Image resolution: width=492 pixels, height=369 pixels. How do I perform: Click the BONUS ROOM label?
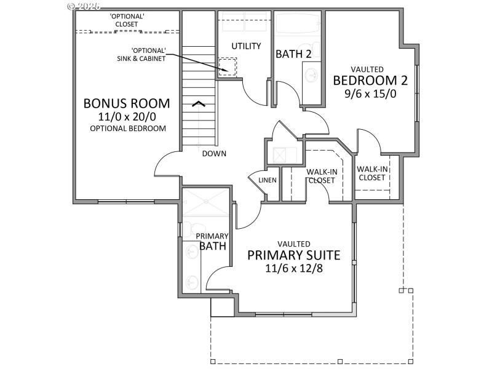(x=127, y=103)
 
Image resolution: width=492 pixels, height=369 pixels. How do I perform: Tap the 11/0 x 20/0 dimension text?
(x=127, y=117)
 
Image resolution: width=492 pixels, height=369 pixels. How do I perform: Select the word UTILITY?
(x=246, y=46)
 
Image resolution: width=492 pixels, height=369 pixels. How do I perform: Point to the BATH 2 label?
(x=293, y=54)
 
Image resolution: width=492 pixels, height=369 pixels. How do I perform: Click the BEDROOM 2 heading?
(x=367, y=81)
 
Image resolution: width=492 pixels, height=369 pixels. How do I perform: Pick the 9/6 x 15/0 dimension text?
(x=367, y=95)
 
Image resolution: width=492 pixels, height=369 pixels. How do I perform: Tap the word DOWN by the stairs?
(x=215, y=154)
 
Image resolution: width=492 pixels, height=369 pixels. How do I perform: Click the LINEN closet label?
(x=268, y=180)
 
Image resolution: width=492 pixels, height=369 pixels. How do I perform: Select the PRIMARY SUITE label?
(x=293, y=255)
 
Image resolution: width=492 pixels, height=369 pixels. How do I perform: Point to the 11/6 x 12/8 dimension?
(x=293, y=269)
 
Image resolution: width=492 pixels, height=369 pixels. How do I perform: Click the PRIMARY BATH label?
(x=212, y=242)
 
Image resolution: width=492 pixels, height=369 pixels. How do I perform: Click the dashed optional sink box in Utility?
(x=228, y=66)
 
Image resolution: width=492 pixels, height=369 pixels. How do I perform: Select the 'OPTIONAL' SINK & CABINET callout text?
(x=148, y=54)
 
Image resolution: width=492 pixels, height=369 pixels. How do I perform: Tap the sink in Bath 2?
(x=312, y=76)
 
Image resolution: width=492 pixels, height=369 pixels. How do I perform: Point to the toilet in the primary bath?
(x=191, y=229)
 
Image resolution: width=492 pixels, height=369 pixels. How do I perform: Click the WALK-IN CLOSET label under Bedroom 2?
(x=372, y=173)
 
